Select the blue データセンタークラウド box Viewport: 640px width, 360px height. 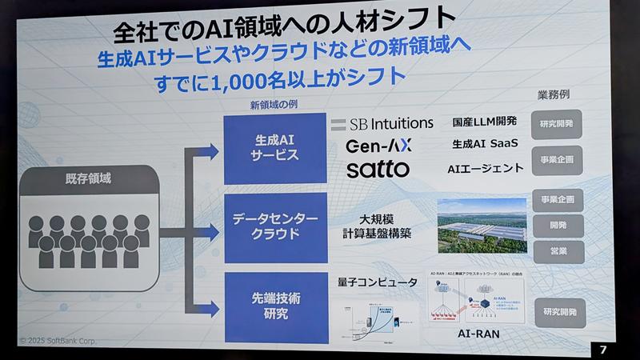pos(266,226)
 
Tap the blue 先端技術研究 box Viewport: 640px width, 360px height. pos(265,306)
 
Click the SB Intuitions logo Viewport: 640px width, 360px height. pos(381,125)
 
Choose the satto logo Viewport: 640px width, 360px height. pos(378,170)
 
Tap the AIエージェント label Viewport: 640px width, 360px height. pos(486,168)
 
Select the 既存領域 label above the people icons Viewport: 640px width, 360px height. pos(88,179)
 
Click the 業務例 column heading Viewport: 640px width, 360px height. pos(552,94)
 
